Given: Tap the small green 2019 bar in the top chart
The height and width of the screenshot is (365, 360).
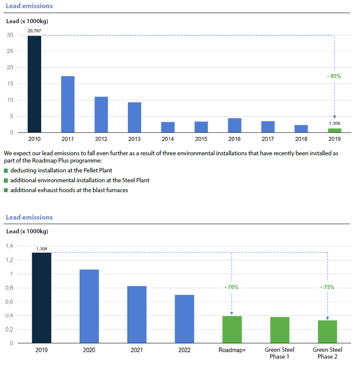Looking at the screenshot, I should [335, 130].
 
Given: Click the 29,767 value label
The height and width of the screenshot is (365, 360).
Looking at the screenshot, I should [34, 31].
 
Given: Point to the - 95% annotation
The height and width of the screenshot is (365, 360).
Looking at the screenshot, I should [333, 76].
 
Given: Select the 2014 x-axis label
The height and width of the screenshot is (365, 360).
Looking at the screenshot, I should [168, 139].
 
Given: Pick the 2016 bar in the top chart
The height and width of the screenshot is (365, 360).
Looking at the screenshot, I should [234, 125].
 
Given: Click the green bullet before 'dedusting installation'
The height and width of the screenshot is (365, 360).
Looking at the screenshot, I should [6, 171].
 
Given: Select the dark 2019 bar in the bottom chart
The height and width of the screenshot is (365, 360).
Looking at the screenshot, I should [42, 298].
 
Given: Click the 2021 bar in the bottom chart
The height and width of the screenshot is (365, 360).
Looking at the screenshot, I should [137, 314].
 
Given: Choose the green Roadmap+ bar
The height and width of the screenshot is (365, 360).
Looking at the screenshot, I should [232, 329].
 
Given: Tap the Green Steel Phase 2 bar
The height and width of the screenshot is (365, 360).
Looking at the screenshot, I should [327, 332].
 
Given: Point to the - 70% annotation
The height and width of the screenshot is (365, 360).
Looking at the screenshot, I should [231, 287].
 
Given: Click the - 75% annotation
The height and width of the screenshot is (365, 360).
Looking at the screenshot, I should [327, 287].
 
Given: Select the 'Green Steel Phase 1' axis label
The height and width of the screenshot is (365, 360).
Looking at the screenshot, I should [280, 353].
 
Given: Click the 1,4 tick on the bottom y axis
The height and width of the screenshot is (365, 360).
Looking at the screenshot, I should [9, 246].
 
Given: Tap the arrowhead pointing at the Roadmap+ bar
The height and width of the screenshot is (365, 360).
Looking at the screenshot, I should [232, 314].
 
